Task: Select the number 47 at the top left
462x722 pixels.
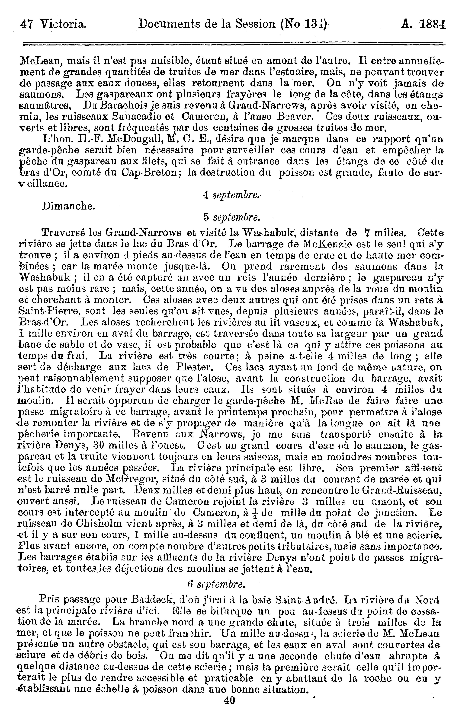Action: (26, 24)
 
